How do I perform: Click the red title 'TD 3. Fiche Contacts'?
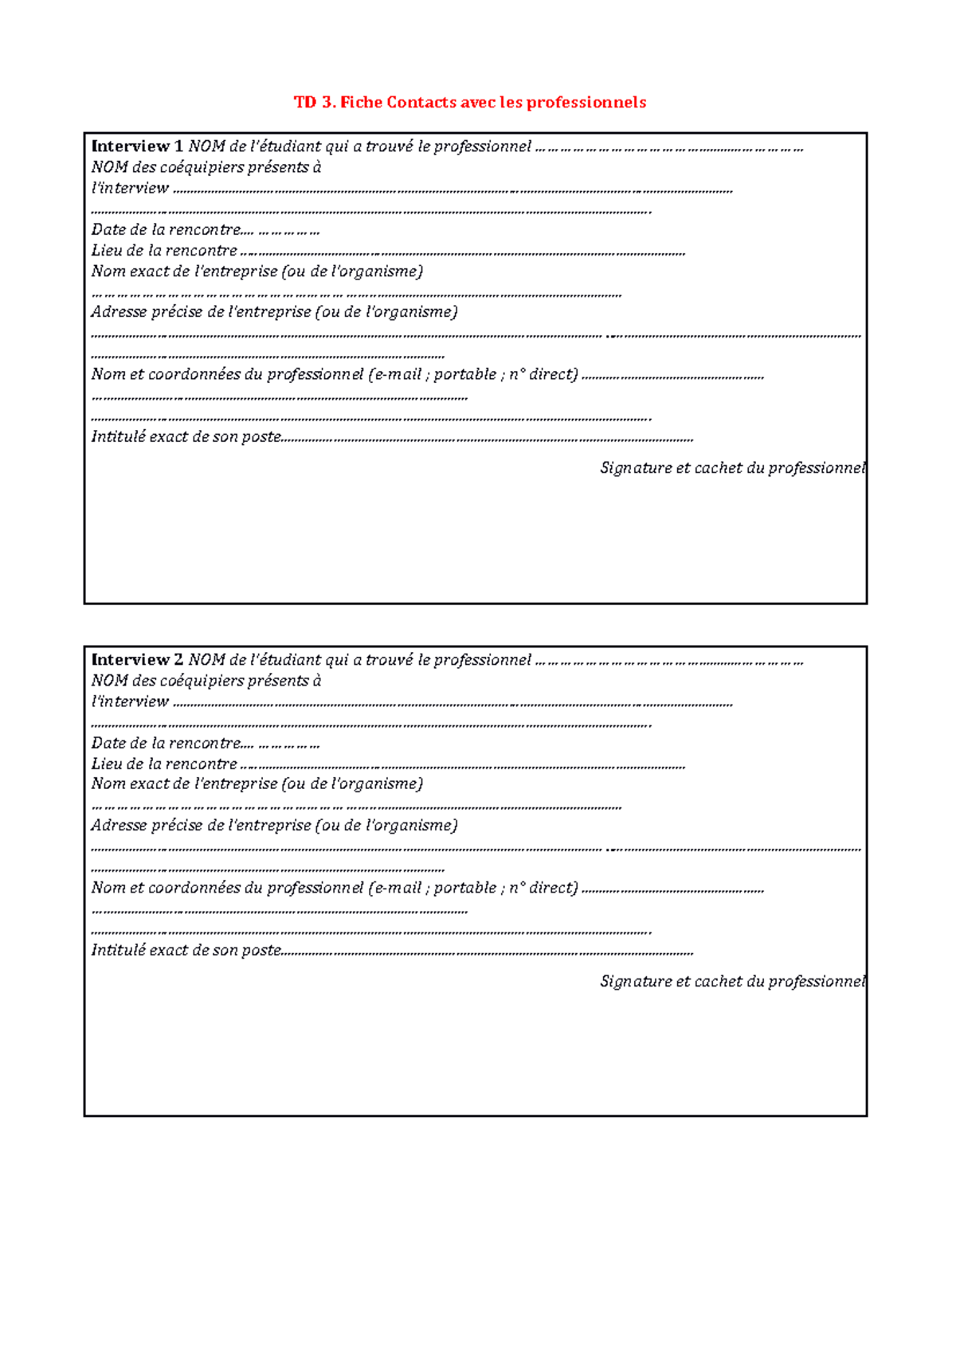pyautogui.click(x=374, y=102)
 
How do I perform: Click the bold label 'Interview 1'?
pyautogui.click(x=137, y=147)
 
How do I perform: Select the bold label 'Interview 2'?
pyautogui.click(x=137, y=660)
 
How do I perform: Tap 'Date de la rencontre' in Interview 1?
pyautogui.click(x=166, y=230)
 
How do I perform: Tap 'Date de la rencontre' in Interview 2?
pyautogui.click(x=166, y=744)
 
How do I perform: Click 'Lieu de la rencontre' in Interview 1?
pyautogui.click(x=164, y=251)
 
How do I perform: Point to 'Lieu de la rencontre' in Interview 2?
pyautogui.click(x=164, y=764)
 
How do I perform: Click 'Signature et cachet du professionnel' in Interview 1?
pyautogui.click(x=731, y=468)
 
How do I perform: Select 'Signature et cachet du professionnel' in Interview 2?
pyautogui.click(x=731, y=982)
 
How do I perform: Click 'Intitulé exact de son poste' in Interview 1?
pyautogui.click(x=186, y=437)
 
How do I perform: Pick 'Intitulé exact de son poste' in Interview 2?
pyautogui.click(x=186, y=951)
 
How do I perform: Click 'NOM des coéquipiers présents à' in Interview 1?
pyautogui.click(x=206, y=167)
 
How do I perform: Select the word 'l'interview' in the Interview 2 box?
pyautogui.click(x=130, y=701)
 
